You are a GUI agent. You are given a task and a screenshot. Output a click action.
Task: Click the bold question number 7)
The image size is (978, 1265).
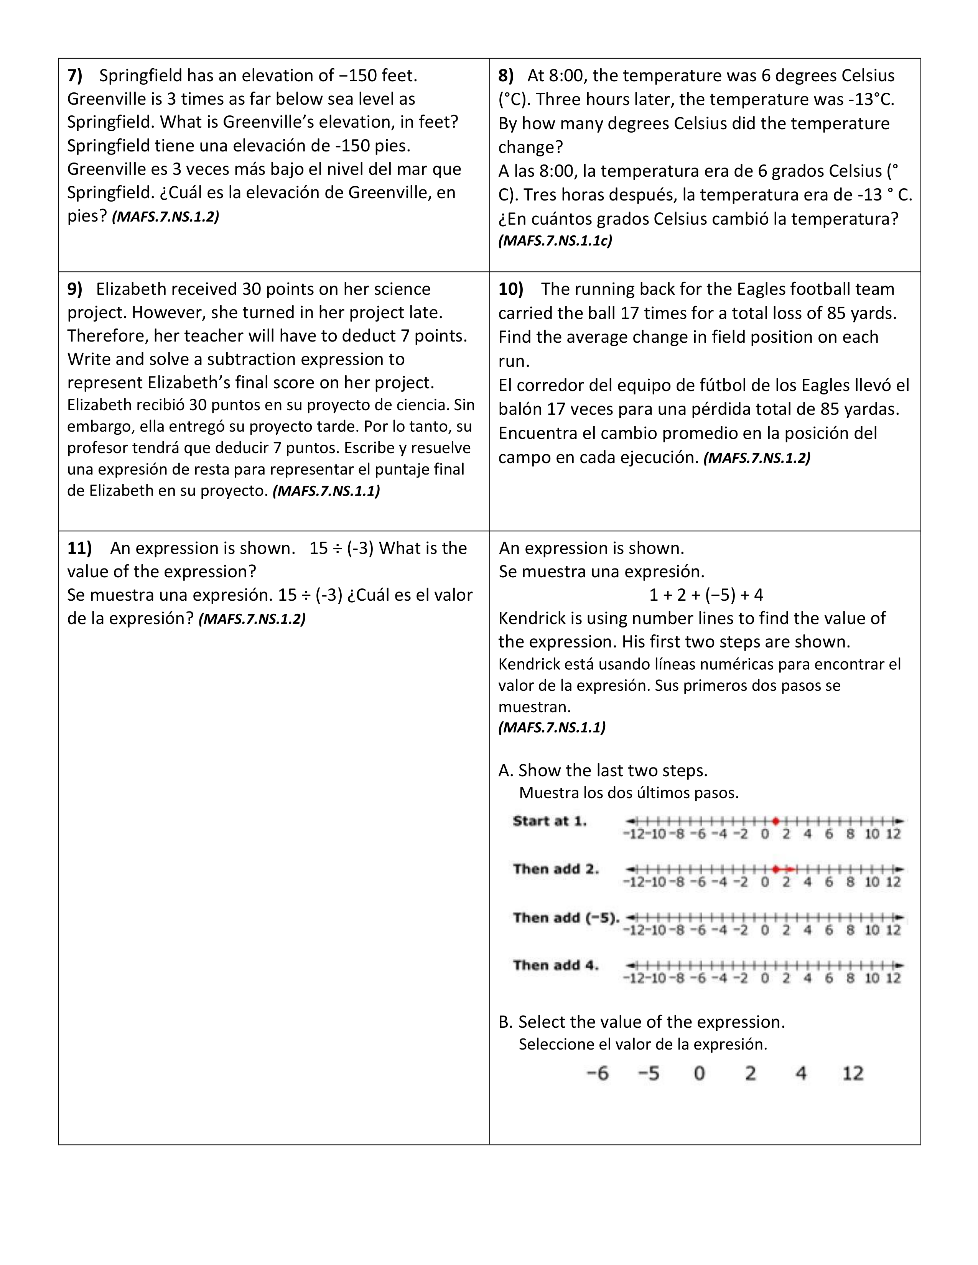tap(75, 75)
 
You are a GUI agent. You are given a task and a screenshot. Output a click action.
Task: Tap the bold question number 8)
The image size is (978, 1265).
tap(506, 75)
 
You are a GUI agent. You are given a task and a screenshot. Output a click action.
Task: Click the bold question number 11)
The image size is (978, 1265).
tap(79, 548)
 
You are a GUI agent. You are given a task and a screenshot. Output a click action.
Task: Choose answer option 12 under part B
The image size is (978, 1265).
tap(852, 1073)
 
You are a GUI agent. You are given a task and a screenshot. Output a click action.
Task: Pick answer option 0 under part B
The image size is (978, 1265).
tap(699, 1073)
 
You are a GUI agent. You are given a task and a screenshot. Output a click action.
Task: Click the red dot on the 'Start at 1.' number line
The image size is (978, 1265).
tap(775, 821)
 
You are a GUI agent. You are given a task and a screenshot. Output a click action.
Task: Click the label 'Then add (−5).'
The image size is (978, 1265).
tap(565, 917)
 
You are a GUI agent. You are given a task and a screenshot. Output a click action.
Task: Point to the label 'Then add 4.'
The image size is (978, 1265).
tap(555, 965)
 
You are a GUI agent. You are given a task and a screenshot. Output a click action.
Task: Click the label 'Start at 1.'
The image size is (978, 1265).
tap(549, 821)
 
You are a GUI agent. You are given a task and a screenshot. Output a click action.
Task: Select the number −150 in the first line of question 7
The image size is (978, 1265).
tap(354, 75)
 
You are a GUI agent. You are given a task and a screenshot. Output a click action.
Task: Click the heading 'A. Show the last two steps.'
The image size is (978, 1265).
tap(603, 770)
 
